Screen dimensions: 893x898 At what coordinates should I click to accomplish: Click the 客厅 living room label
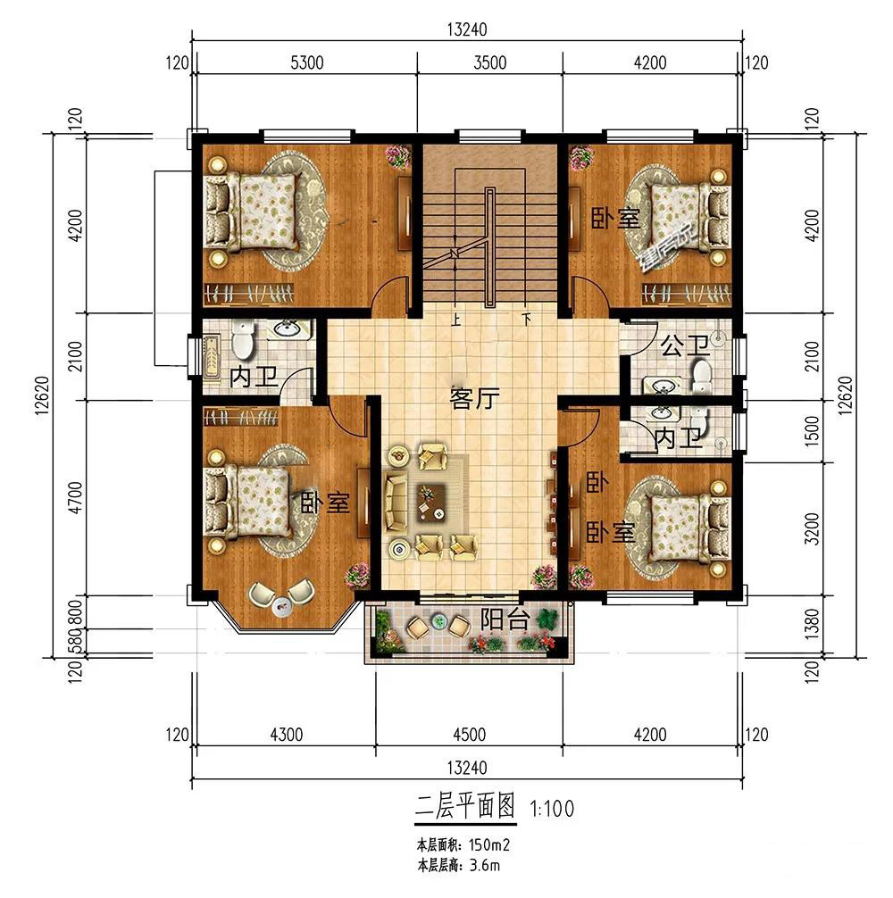(475, 399)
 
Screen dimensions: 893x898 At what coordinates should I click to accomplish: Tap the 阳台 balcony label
(504, 619)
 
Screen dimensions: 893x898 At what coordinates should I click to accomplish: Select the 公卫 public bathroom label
(685, 346)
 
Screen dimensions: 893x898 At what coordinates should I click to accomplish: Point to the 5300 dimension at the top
(307, 62)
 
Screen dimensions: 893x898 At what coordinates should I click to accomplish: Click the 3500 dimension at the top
(489, 62)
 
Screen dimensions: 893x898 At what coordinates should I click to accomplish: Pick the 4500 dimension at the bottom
(469, 735)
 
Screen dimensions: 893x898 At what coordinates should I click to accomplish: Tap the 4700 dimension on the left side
(76, 498)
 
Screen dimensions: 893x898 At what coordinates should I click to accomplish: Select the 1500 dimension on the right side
(813, 430)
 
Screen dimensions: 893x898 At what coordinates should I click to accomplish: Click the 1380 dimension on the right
(813, 625)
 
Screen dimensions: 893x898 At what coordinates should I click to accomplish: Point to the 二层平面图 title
(465, 806)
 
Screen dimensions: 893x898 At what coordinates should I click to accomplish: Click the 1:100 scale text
(552, 809)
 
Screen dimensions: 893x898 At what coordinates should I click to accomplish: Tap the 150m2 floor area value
(489, 844)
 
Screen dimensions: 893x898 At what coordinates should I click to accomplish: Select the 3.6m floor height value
(485, 865)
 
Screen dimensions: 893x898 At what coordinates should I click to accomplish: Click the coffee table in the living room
(432, 503)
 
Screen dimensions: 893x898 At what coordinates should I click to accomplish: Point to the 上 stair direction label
(456, 319)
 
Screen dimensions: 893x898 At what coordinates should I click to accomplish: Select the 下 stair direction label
(526, 319)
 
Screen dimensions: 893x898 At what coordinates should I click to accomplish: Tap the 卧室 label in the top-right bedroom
(614, 219)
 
